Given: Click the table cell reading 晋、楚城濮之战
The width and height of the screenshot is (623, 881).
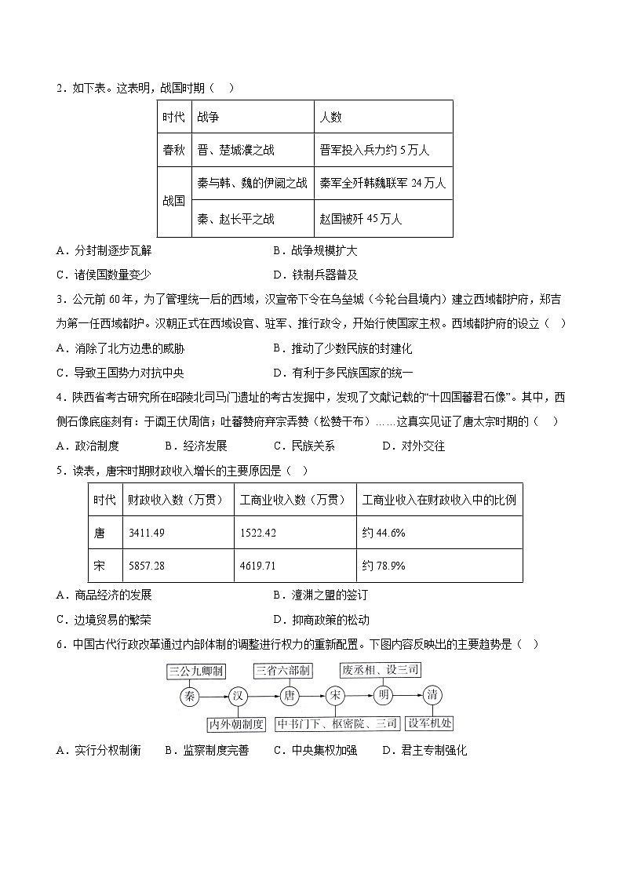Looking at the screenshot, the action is (236, 150).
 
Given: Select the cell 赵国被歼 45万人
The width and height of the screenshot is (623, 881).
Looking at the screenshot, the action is (361, 219).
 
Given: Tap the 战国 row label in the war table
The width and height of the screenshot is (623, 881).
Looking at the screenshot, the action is (173, 201).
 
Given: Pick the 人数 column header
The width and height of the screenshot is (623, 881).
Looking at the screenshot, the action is (330, 117).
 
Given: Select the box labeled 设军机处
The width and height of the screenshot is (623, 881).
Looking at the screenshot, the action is (430, 723).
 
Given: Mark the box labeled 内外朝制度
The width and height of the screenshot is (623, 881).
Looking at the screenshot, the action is (236, 723).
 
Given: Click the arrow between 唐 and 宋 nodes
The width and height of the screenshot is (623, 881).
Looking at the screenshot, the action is (312, 695).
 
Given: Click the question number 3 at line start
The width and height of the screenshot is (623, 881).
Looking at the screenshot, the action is (60, 299).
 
